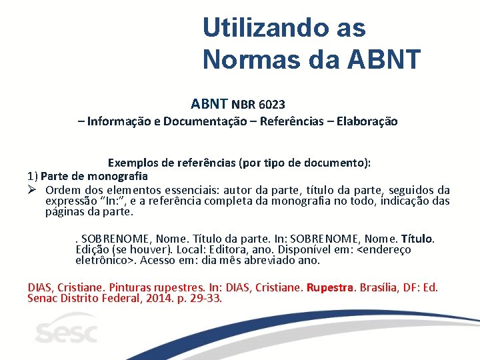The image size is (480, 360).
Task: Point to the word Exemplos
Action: point(133,163)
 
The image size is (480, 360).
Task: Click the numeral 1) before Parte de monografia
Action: point(32,177)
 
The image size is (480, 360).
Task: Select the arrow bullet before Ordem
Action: point(33,190)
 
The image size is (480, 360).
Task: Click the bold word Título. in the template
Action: point(417,239)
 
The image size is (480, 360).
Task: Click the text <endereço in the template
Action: point(385,249)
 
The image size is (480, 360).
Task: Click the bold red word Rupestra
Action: point(331,287)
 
